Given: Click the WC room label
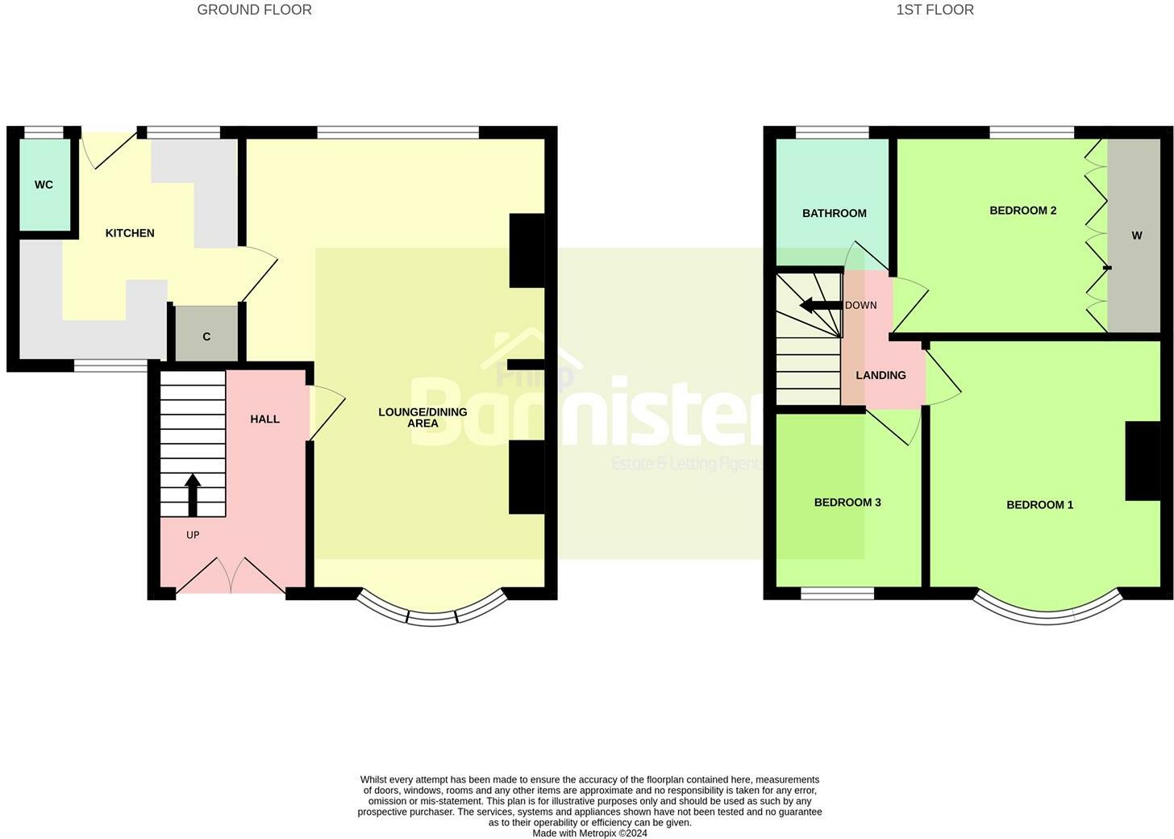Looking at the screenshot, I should click(44, 185).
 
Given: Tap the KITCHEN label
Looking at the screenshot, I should click(130, 233).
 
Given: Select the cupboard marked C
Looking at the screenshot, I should click(206, 336).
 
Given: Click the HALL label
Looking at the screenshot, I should click(264, 419).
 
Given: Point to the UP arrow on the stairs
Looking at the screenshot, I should click(193, 494).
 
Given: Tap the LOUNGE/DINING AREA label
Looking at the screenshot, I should click(423, 417).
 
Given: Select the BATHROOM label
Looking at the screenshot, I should click(834, 213).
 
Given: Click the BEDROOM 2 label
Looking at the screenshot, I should click(1022, 211).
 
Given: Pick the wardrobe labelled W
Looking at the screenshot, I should click(1136, 236).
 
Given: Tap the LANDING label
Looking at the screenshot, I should click(880, 375).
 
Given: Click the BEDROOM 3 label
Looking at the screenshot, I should click(847, 503).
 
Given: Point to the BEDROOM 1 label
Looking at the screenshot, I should click(1039, 505).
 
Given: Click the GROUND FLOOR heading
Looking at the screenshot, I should click(254, 10).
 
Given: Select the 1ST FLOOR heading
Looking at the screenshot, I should click(935, 10).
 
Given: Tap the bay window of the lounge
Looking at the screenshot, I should click(432, 616).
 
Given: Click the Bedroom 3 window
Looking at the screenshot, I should click(837, 595).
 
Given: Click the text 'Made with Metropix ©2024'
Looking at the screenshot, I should click(589, 833).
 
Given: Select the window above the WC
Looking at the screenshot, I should click(43, 132).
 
